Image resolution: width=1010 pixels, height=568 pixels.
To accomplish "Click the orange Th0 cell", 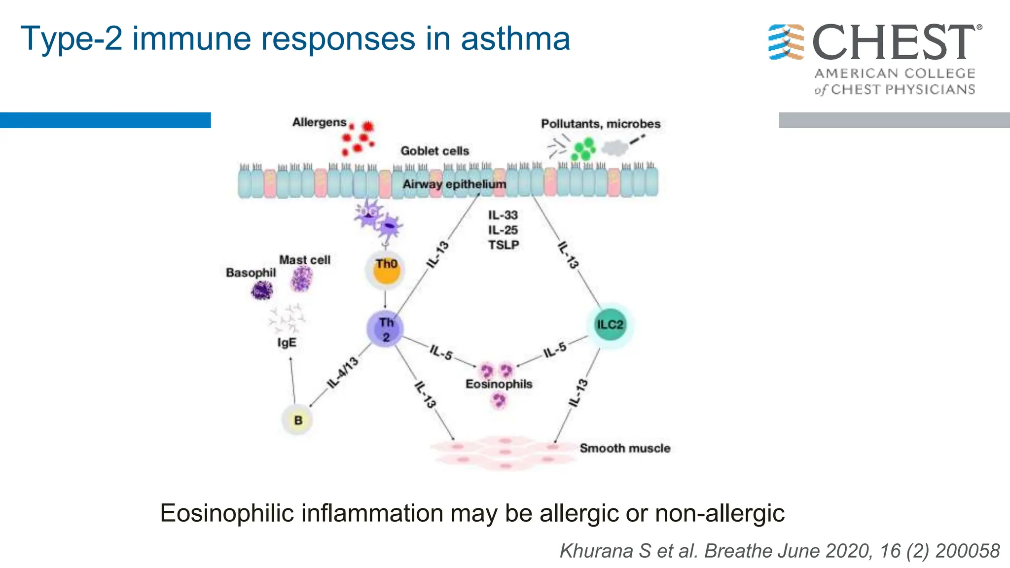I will point(386,270).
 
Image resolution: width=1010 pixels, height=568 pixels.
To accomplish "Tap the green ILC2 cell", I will point(610,324).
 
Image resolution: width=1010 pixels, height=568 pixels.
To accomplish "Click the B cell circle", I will point(298,420).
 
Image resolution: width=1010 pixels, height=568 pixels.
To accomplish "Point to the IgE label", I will point(287,342).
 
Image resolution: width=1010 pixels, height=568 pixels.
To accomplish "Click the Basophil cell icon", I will point(261,290).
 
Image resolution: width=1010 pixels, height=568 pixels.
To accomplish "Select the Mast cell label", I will point(304,260).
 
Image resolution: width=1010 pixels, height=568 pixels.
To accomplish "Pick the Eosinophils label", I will point(499,384).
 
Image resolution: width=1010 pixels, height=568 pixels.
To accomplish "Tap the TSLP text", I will point(504,245).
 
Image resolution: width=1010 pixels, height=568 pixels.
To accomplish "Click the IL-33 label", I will point(503,215).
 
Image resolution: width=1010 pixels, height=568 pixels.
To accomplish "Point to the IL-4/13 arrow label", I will point(343,372).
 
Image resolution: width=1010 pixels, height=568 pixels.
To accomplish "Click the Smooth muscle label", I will point(625,448).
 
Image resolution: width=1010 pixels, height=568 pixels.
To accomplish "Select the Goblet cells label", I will point(434,151).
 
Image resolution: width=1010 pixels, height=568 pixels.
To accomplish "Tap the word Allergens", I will point(319,122).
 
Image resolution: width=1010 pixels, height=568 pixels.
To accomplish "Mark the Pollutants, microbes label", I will point(600,124).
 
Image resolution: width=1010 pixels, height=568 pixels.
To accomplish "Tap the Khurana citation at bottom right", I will point(779,551).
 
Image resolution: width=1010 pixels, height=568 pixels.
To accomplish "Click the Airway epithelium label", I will point(454,184).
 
